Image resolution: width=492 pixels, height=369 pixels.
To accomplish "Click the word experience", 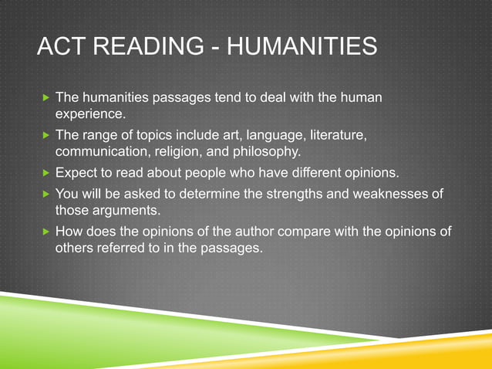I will coord(89,115).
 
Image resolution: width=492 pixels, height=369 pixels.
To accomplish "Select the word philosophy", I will coord(266,151).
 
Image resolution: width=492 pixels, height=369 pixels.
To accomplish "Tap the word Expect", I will coord(76,171).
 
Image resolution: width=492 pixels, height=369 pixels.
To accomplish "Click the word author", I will coord(224,231).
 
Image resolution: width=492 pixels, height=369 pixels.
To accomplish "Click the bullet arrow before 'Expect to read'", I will coord(45,171).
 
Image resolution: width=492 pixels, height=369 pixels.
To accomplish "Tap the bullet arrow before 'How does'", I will coord(45,231).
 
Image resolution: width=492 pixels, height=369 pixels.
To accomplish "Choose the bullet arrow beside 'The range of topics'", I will coord(45,135).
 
